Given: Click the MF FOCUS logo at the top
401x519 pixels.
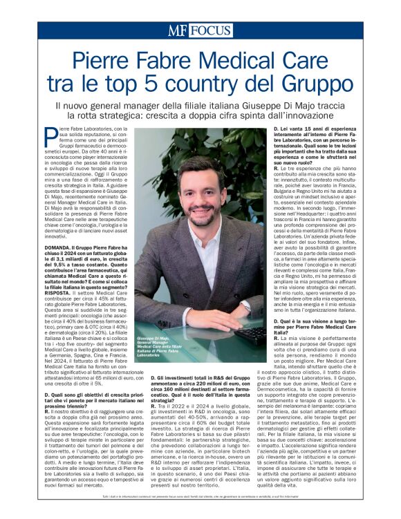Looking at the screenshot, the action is tap(200, 31).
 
